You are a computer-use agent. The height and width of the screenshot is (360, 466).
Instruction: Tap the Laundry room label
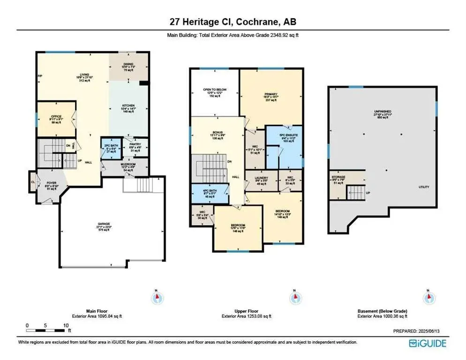261,181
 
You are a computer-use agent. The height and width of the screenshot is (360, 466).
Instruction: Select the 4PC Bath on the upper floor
209,193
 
